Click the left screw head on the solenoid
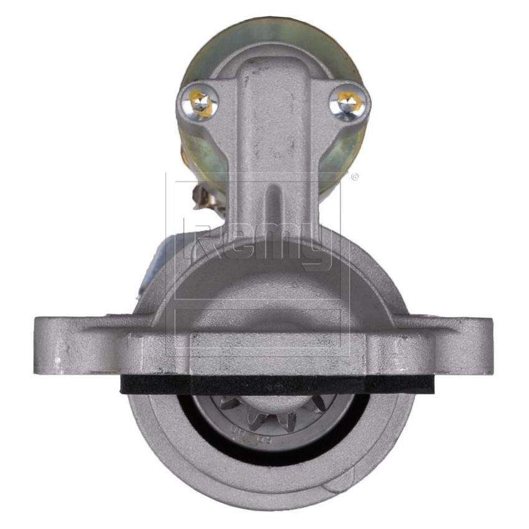[x=201, y=103]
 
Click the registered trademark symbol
[x=355, y=177]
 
